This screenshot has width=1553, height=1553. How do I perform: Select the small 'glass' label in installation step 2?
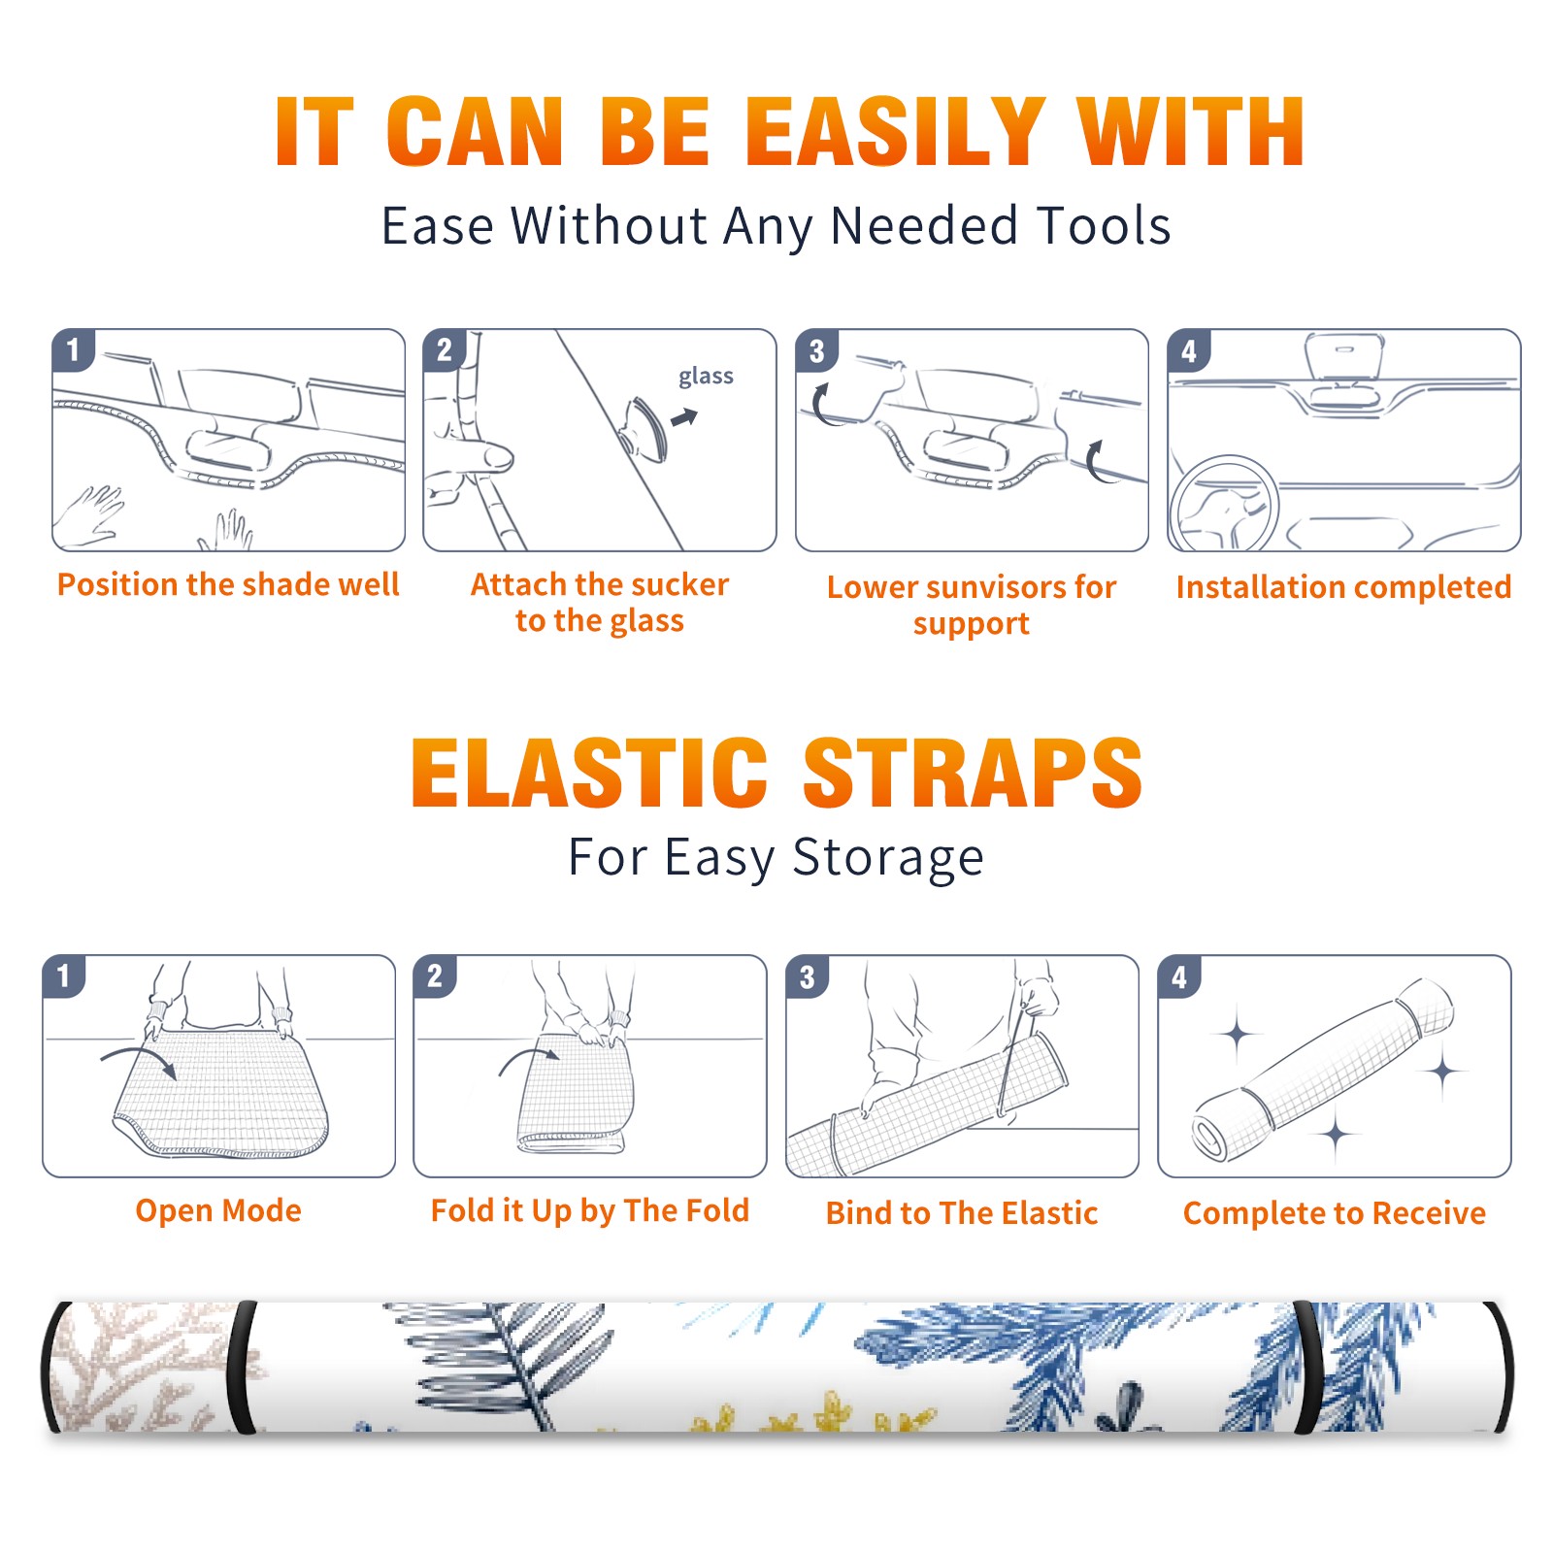(706, 377)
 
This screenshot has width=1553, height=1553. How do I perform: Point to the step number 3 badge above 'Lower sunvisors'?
(816, 350)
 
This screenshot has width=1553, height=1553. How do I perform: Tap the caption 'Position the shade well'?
(228, 584)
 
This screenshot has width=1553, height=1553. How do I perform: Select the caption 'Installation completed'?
(1343, 587)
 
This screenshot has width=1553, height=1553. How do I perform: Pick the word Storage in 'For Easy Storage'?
(888, 858)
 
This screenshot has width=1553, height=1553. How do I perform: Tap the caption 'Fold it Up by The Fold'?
(589, 1211)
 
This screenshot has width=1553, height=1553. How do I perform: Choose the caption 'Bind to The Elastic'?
(962, 1213)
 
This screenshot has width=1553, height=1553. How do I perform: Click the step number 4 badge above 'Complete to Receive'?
(1179, 976)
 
